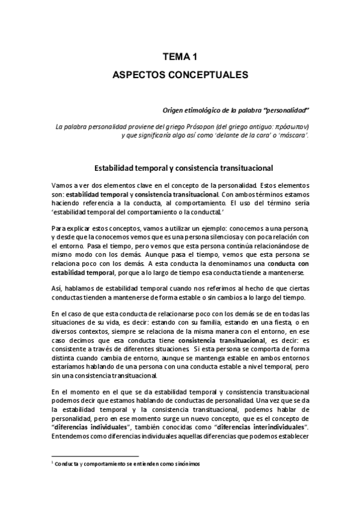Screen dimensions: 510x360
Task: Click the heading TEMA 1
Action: [180, 57]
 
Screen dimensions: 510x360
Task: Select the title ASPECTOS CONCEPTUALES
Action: [180, 76]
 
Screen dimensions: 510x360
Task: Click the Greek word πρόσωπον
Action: [291, 127]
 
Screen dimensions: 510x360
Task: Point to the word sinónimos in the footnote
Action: [184, 464]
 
